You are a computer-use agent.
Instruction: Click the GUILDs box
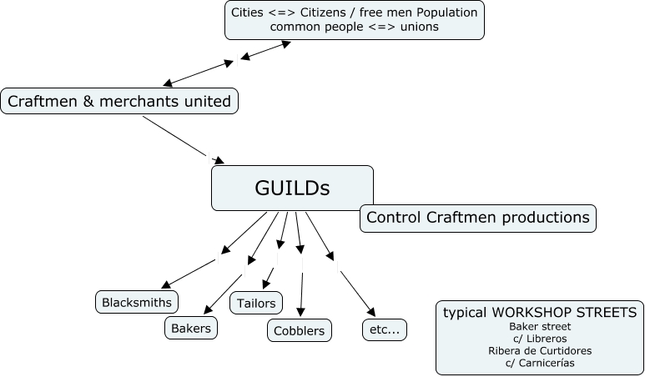point(292,188)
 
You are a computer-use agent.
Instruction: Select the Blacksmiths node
point(137,302)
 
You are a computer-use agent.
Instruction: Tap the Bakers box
point(191,328)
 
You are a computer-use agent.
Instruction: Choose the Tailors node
point(256,303)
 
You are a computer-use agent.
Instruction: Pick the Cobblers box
point(300,330)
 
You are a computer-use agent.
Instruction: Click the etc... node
point(384,329)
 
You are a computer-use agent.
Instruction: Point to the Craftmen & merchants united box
point(119,102)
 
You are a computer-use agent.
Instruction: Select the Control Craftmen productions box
point(478,218)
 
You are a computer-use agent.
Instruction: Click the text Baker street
point(540,327)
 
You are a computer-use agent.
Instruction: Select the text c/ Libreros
point(540,339)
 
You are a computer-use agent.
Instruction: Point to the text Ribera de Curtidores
point(540,350)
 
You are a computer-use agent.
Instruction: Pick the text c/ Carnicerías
point(540,363)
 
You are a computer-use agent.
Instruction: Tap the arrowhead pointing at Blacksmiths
point(165,286)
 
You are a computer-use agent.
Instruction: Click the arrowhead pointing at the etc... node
point(370,312)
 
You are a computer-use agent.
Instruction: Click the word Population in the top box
point(448,13)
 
